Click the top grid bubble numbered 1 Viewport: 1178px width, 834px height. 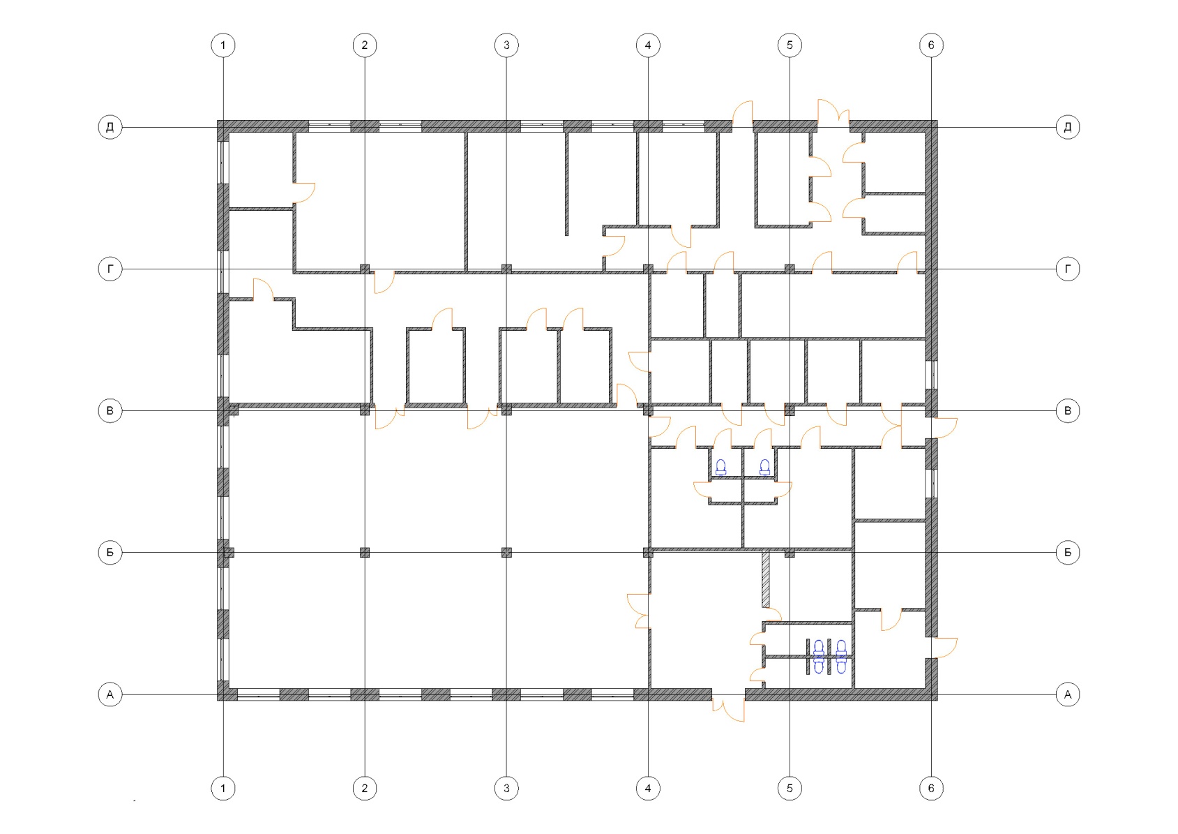(x=223, y=45)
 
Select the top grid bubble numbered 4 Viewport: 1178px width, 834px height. (x=648, y=45)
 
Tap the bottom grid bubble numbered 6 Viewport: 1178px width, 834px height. (x=931, y=788)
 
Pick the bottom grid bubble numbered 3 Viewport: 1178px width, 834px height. (x=506, y=788)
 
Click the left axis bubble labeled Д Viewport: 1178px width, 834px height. (x=110, y=127)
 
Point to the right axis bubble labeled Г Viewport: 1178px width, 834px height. (x=1068, y=269)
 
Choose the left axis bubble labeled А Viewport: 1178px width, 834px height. (x=110, y=694)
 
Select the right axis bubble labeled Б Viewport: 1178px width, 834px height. (x=1068, y=553)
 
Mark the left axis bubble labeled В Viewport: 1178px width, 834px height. (x=110, y=410)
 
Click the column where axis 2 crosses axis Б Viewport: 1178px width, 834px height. (x=365, y=553)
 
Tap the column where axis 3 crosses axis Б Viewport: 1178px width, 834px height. (x=506, y=553)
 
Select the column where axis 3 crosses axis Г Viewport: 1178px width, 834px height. (x=506, y=269)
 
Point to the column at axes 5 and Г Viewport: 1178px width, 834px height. (x=790, y=269)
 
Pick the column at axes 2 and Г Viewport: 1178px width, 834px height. (x=365, y=269)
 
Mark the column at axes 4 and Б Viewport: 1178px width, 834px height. (x=648, y=553)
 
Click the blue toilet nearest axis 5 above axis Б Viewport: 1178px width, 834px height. (x=764, y=468)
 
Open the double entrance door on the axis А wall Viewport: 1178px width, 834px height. (x=729, y=707)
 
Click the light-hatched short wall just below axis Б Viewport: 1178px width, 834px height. (x=766, y=579)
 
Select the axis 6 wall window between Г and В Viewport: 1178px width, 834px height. (x=931, y=374)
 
